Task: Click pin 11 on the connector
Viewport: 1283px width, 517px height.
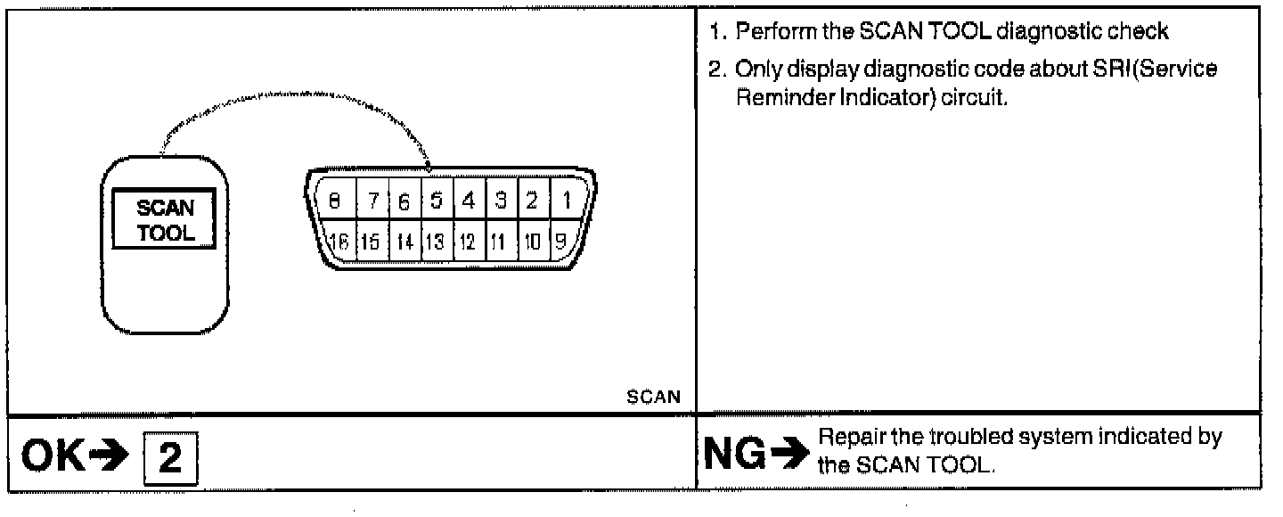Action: tap(496, 240)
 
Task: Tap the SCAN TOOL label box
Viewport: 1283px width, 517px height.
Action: tap(165, 219)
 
